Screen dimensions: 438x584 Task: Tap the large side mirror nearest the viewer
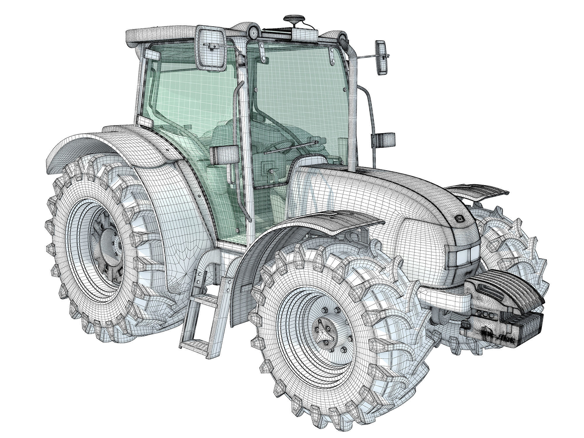211,48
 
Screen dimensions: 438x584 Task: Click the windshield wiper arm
292,147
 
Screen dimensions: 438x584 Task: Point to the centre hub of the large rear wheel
109,251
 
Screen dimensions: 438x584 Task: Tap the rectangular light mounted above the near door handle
224,155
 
